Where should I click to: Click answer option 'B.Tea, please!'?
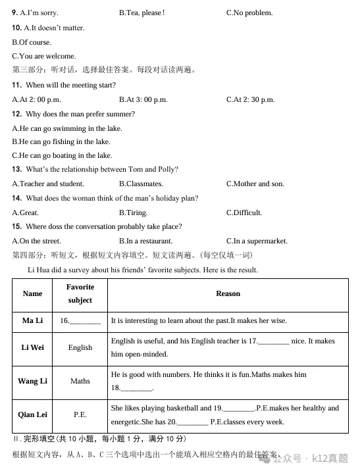point(141,13)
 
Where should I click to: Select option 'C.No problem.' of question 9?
point(249,13)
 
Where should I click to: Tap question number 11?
point(17,86)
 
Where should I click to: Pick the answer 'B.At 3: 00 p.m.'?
point(143,100)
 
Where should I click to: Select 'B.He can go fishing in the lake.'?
point(61,141)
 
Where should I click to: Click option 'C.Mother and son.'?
point(255,184)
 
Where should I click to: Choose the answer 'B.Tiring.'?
point(133,212)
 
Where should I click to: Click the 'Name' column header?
point(32,294)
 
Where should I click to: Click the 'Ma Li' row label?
point(32,321)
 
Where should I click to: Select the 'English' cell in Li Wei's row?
point(80,347)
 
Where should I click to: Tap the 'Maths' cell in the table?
point(80,381)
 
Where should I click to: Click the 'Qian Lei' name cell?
point(32,414)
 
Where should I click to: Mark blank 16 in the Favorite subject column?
point(85,322)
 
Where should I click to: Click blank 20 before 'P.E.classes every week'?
point(192,422)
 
